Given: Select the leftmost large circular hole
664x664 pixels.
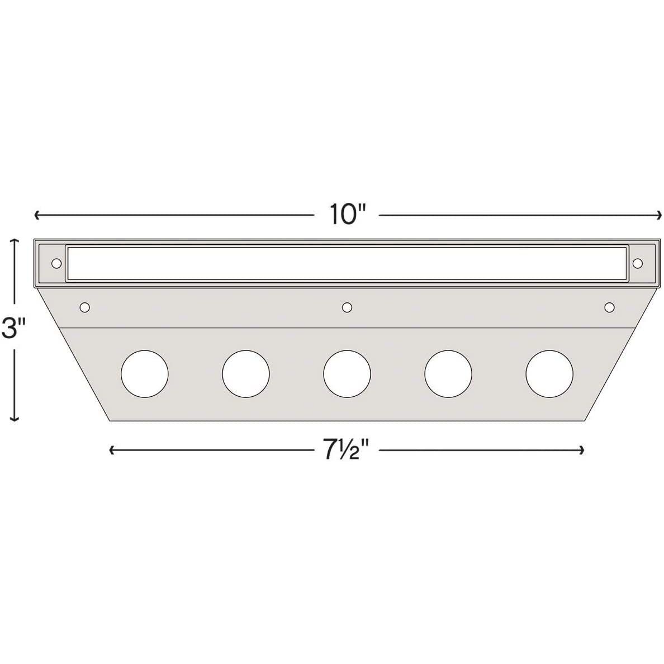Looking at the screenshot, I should click(144, 373).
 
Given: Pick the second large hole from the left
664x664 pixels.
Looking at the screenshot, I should click(245, 373).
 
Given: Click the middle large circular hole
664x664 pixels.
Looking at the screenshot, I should click(347, 373).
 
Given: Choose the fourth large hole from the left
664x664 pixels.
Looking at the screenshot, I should click(448, 373).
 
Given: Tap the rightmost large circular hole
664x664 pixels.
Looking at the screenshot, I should click(549, 373).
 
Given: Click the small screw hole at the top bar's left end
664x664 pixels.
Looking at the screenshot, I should click(56, 263).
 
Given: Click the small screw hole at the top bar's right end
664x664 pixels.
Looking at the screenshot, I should click(638, 263).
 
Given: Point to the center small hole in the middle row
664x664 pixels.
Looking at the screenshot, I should click(347, 307).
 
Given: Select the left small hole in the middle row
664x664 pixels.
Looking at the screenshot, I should click(85, 307).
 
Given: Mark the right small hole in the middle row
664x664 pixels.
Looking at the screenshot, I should click(609, 307).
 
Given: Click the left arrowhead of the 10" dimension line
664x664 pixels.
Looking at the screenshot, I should click(37, 215).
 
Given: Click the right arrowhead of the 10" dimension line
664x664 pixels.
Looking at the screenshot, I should click(660, 215).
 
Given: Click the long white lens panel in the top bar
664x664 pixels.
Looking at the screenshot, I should click(347, 263).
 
